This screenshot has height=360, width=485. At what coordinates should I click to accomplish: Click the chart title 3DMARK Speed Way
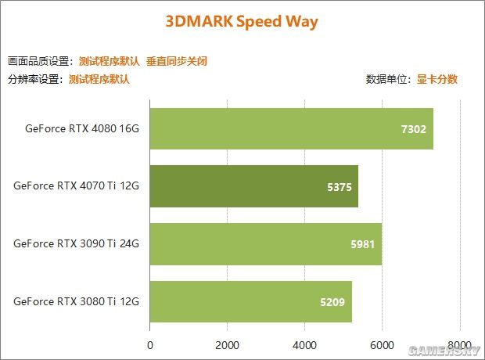[242, 21]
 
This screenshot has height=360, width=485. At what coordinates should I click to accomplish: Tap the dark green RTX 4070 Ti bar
[253, 186]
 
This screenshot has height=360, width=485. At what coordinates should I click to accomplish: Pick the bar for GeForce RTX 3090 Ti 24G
[265, 243]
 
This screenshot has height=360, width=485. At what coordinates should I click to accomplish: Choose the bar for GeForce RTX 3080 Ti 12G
[250, 301]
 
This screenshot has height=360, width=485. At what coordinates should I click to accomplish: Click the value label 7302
[413, 129]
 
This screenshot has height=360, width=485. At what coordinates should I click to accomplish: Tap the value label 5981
[362, 244]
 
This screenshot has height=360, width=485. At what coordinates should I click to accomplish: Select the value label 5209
[332, 301]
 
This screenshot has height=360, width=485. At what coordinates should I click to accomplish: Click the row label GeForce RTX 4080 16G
[81, 128]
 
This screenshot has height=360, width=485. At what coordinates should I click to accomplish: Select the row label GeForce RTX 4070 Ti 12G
[76, 186]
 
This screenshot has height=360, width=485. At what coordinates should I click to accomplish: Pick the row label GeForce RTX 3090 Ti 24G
[76, 243]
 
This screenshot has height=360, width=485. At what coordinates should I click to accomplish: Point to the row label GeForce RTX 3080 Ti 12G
[76, 301]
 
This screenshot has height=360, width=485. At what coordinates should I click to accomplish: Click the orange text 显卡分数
[436, 79]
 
